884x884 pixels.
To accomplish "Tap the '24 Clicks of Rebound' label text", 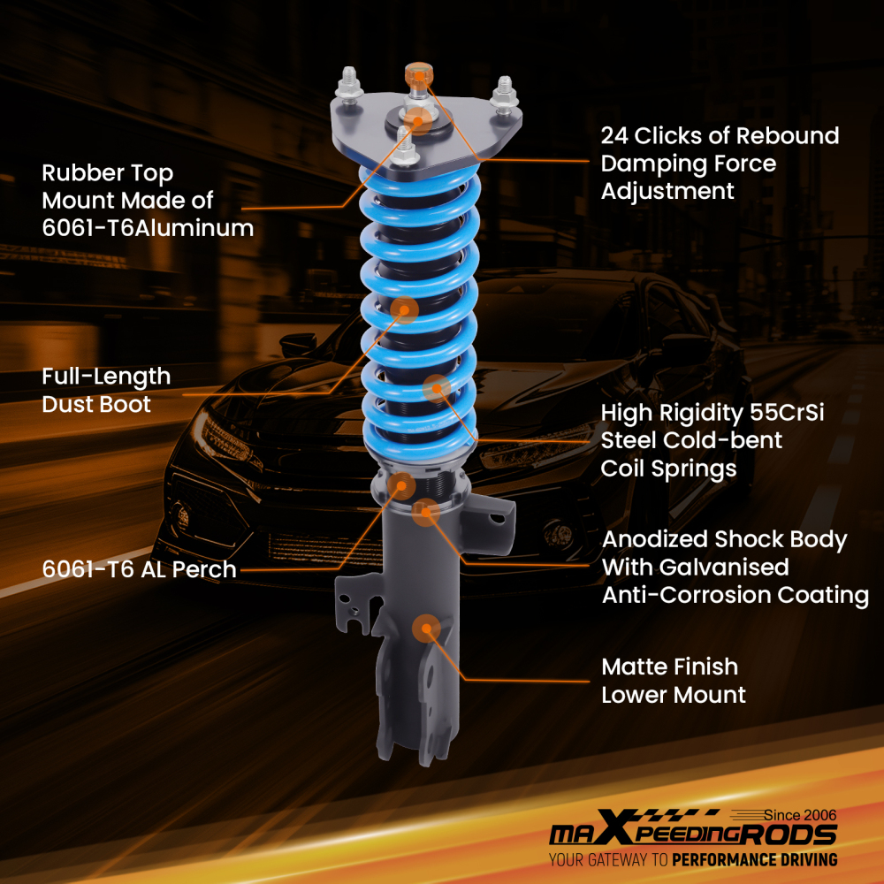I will click(x=720, y=136).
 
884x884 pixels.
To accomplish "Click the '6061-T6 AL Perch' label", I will click(x=139, y=569).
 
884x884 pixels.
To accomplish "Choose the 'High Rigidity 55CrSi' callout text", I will click(x=713, y=413).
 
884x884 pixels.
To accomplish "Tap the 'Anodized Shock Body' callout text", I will click(x=724, y=539).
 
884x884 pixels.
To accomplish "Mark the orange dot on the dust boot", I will click(x=405, y=309).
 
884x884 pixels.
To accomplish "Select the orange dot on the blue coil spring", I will click(x=437, y=387).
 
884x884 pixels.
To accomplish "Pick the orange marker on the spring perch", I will click(x=401, y=484).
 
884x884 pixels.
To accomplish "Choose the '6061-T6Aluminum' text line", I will click(x=148, y=228).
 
